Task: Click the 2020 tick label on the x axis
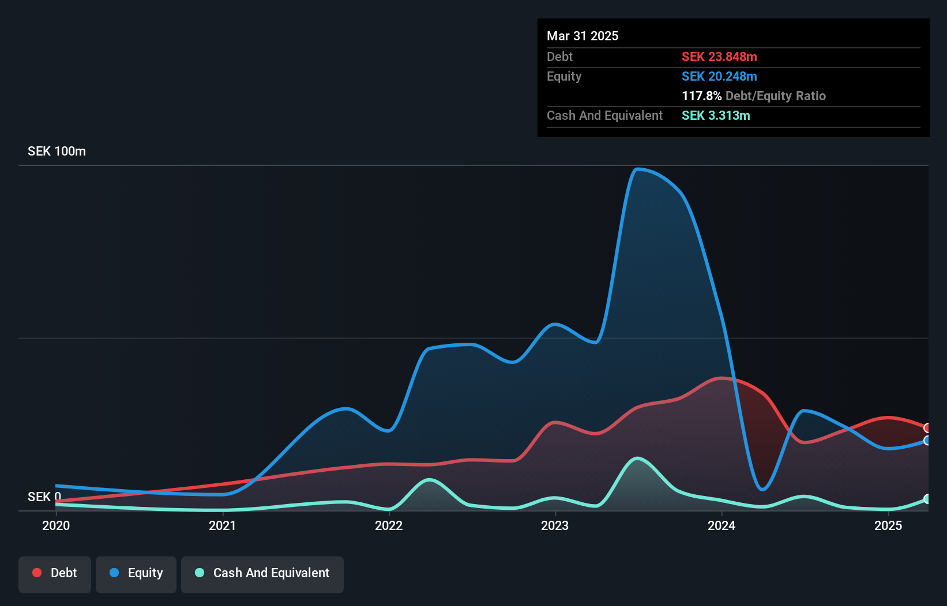[x=56, y=525]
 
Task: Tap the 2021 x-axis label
[x=223, y=525]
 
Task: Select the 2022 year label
[x=389, y=525]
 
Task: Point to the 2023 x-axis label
[x=555, y=525]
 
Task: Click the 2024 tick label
[x=721, y=525]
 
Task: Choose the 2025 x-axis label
[x=888, y=525]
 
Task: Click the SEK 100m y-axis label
[x=57, y=151]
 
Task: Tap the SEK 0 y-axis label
[x=44, y=497]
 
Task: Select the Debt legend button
[x=55, y=573]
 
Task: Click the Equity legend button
[x=136, y=573]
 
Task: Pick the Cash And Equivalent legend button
[x=262, y=573]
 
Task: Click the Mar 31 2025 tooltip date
[x=583, y=36]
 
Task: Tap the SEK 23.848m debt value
[x=719, y=56]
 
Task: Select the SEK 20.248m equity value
[x=719, y=76]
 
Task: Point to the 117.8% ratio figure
[x=701, y=96]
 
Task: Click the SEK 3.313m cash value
[x=716, y=115]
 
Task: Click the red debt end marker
[x=927, y=428]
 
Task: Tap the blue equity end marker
[x=927, y=441]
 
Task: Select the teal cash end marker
[x=927, y=499]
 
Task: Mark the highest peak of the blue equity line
[x=637, y=169]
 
